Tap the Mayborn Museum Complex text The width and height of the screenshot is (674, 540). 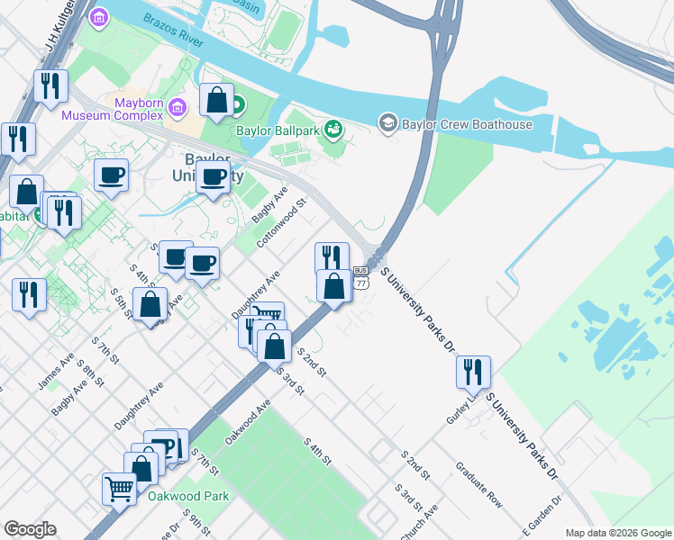point(113,109)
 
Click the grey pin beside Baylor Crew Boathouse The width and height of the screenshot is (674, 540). point(388,121)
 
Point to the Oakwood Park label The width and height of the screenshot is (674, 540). point(188,496)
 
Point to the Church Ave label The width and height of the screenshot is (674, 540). point(423,519)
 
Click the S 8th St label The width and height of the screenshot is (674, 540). point(87,370)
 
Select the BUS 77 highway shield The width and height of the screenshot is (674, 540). point(360,276)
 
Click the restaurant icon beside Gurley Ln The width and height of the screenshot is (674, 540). point(472,370)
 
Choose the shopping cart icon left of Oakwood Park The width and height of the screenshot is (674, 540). point(119,489)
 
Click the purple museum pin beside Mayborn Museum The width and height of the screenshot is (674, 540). point(177,109)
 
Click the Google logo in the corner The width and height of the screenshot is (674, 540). point(30,529)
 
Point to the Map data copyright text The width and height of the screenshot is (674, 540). point(617,533)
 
